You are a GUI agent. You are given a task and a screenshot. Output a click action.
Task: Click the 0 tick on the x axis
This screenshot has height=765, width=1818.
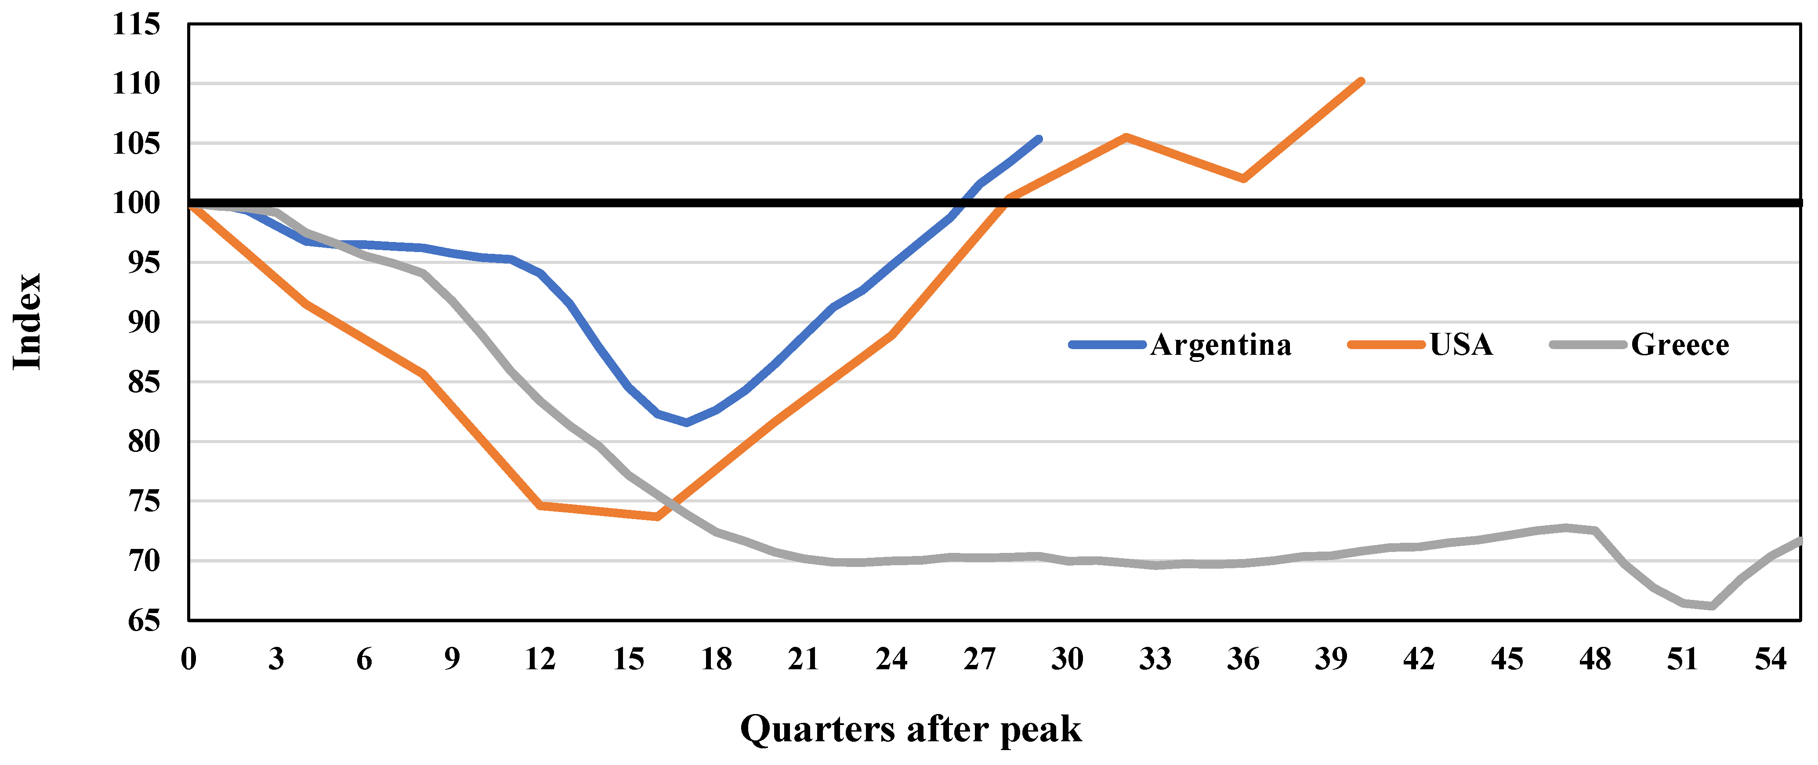tap(188, 659)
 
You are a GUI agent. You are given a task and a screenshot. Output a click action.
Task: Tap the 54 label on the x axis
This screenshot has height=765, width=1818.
tap(1771, 659)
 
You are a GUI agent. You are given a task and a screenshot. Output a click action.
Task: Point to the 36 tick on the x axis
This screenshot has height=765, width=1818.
tap(1243, 659)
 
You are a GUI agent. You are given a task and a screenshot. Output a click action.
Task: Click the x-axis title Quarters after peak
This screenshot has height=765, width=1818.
tap(910, 729)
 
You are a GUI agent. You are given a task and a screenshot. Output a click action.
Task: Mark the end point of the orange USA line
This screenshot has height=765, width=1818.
tap(1361, 81)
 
